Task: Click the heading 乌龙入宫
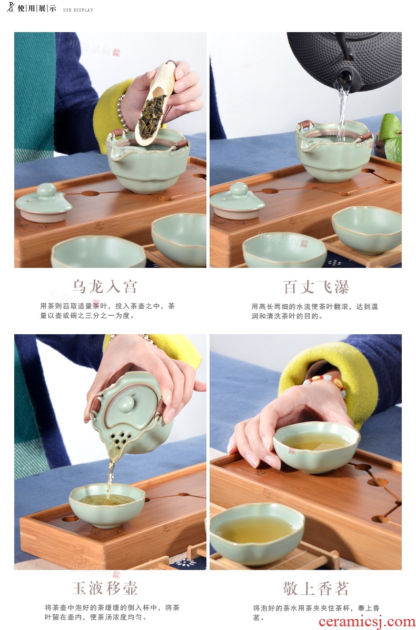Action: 105,287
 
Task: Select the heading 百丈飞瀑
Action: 316,287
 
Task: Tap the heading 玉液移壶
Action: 105,588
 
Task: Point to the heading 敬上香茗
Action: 316,588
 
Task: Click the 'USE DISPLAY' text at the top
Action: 78,10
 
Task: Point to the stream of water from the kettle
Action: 342,113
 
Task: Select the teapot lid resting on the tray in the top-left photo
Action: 44,203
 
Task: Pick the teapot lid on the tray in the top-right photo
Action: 237,202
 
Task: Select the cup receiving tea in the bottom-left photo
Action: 106,505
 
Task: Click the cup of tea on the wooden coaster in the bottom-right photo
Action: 256,533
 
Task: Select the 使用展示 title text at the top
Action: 36,8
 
